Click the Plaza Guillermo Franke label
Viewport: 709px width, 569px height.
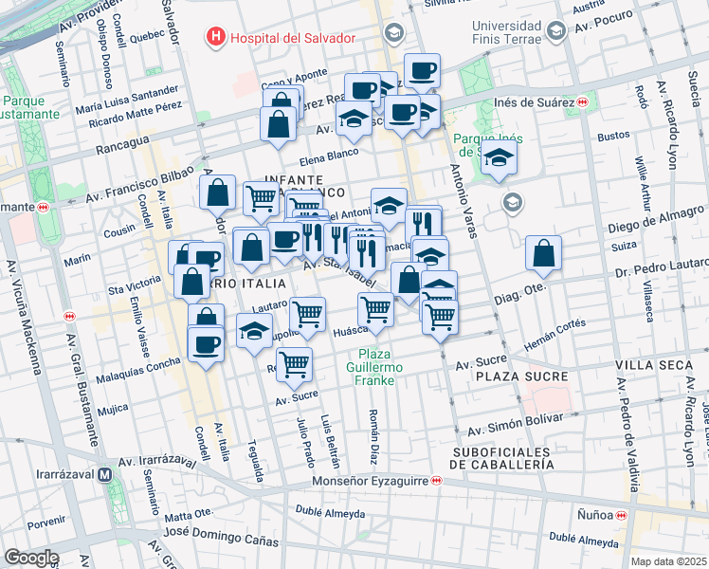pos(374,366)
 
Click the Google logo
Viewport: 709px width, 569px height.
pos(31,558)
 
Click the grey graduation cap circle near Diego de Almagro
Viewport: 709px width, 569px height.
pos(513,202)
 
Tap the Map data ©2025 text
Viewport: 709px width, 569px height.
pos(669,561)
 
